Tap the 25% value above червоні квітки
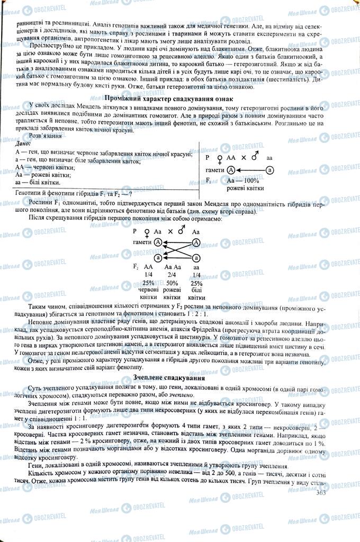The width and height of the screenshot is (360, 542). click(148, 283)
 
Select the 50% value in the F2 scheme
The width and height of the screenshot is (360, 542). click(173, 283)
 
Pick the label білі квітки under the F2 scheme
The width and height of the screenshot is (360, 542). click(196, 294)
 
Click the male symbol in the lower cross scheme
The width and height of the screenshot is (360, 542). click(183, 231)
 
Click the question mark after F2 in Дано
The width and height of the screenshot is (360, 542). click(130, 194)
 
